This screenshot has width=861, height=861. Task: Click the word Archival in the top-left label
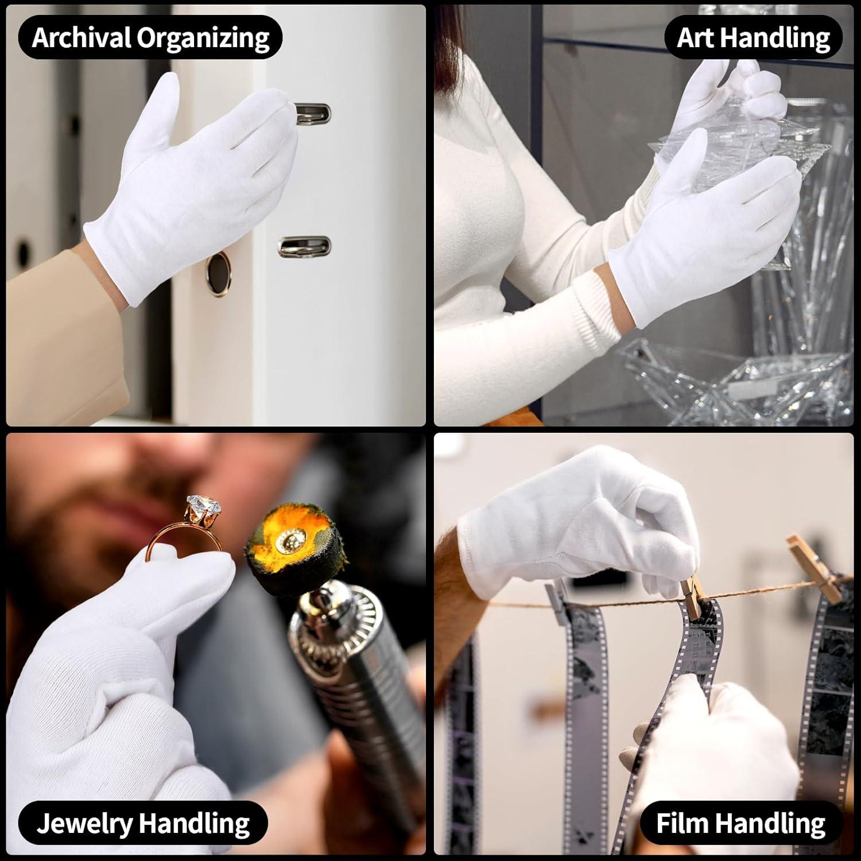tap(82, 38)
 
